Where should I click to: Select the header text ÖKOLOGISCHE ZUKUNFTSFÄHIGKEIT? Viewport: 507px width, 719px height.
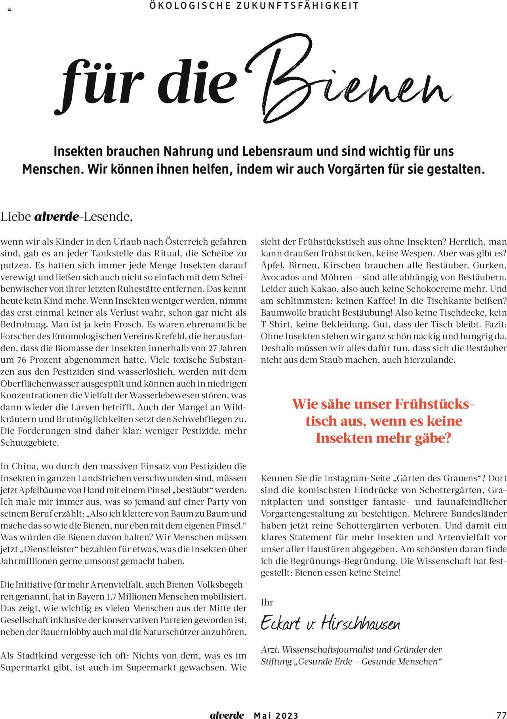254,6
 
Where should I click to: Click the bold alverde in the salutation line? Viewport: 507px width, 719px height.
57,217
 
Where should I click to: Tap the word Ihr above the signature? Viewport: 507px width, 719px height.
267,602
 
